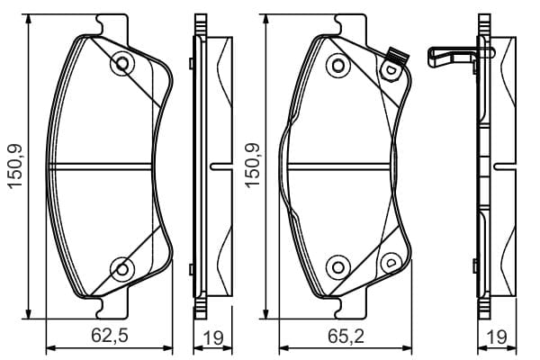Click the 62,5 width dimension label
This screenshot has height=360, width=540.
[x=110, y=336]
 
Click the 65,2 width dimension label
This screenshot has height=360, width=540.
[x=346, y=336]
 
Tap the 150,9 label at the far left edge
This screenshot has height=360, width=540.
[x=15, y=166]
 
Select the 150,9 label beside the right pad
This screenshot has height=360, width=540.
[x=252, y=165]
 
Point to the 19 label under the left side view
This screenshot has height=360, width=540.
[x=213, y=338]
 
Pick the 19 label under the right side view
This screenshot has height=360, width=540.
[x=496, y=338]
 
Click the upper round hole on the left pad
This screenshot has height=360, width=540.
[x=122, y=63]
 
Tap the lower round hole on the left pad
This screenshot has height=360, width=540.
[x=122, y=269]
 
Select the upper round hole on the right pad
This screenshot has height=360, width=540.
[x=338, y=66]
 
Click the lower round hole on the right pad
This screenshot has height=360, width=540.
[x=338, y=267]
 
